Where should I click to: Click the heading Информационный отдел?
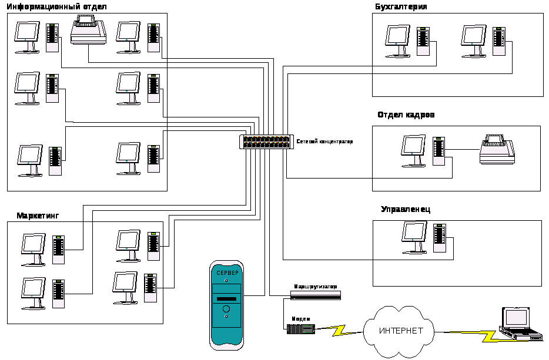pyautogui.click(x=56, y=6)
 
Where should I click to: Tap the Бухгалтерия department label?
pyautogui.click(x=400, y=6)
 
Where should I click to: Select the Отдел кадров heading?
pyautogui.click(x=406, y=115)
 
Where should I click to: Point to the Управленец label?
pyautogui.click(x=406, y=210)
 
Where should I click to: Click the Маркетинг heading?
pyautogui.click(x=38, y=216)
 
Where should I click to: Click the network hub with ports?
pyautogui.click(x=266, y=142)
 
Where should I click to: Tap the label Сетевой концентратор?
pyautogui.click(x=324, y=142)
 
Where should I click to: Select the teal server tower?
pyautogui.click(x=226, y=305)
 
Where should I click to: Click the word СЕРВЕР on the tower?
pyautogui.click(x=227, y=274)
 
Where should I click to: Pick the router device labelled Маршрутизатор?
pyautogui.click(x=315, y=295)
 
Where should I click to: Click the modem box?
pyautogui.click(x=300, y=329)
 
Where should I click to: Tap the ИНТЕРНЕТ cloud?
pyautogui.click(x=400, y=331)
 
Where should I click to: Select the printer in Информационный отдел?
pyautogui.click(x=88, y=31)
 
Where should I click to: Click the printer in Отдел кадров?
pyautogui.click(x=497, y=150)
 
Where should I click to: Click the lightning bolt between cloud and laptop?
pyautogui.click(x=488, y=336)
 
